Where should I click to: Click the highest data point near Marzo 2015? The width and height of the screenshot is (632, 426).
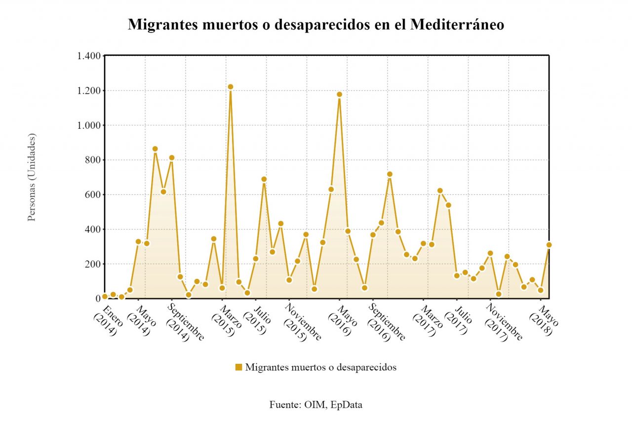[x=230, y=87]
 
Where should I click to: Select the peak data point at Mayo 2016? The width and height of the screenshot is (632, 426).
[x=339, y=94]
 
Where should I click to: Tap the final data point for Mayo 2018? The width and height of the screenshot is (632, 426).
[x=549, y=245]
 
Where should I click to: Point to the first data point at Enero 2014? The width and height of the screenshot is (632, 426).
[x=105, y=297]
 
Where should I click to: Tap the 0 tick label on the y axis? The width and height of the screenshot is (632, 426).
[x=98, y=299]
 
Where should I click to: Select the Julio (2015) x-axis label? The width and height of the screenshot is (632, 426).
[x=258, y=320]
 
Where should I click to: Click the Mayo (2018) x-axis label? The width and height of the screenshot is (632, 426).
[x=544, y=320]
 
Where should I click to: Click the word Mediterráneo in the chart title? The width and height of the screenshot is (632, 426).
[x=457, y=25]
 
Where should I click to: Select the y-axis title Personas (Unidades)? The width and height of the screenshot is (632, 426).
[x=32, y=177]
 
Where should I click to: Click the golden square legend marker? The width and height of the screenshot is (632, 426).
[x=238, y=367]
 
